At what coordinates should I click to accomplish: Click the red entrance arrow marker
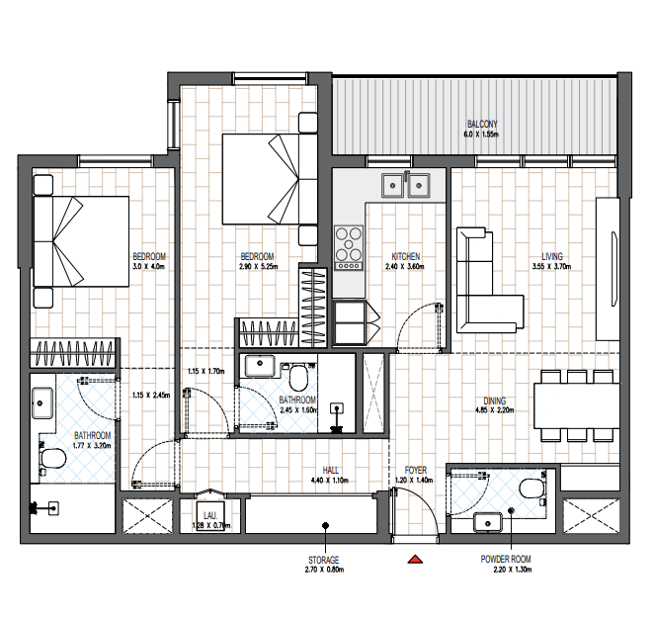pos(415,559)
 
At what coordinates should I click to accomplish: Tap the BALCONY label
pos(482,124)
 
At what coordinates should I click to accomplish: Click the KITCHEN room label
pos(405,256)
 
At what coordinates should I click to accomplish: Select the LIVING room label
pos(552,256)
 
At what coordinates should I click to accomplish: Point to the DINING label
pos(495,400)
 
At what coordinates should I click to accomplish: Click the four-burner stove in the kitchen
pos(349,248)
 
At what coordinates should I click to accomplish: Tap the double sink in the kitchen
pos(405,185)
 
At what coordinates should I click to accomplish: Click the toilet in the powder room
pos(532,489)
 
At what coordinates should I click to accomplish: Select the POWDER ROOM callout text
pos(506,559)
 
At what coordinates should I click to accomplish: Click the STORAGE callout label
pos(324,560)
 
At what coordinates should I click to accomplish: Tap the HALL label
pos(330,471)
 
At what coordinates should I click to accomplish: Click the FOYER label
pos(416,471)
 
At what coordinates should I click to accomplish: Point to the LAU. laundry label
pos(210,516)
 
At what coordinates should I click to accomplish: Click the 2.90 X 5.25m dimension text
pos(259,266)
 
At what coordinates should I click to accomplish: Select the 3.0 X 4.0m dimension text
pos(149,266)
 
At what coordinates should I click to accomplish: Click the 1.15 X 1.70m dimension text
pos(206,371)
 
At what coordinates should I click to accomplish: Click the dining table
pos(576,405)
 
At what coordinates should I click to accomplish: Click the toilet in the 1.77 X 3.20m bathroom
pos(53,459)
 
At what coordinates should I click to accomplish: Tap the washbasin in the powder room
pos(487,522)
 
